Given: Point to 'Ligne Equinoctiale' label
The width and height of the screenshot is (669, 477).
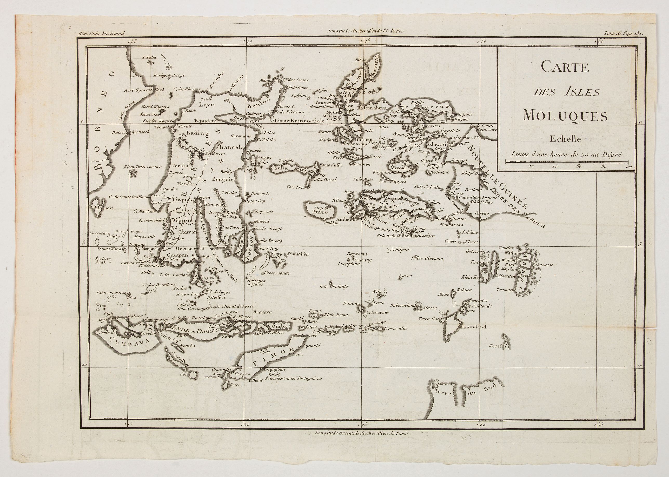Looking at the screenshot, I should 297,120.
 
